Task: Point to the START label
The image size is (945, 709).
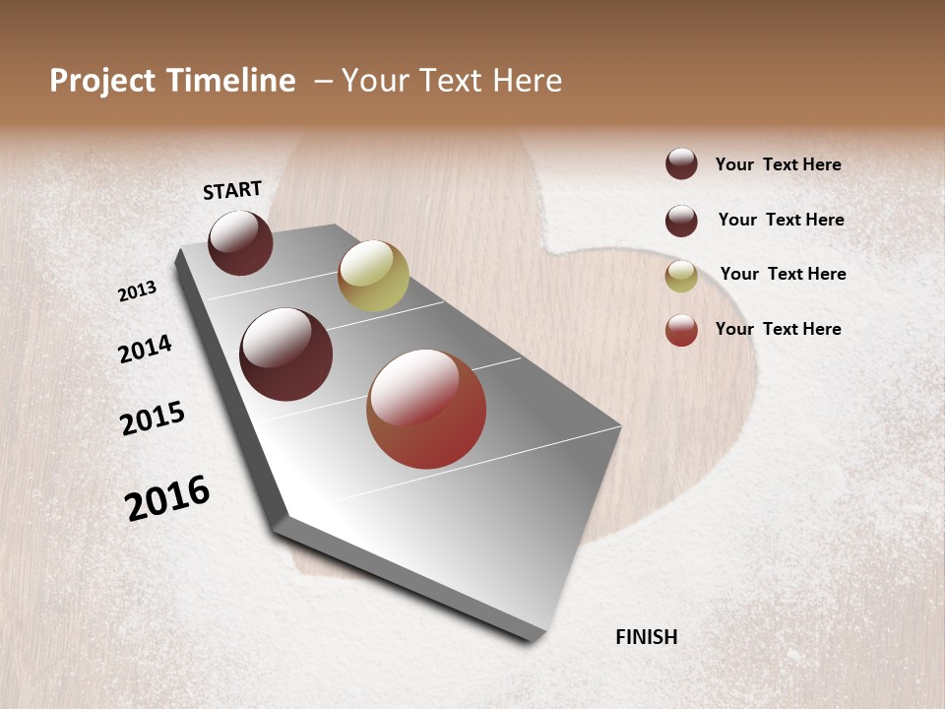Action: [x=232, y=190]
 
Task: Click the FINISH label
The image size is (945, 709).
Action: [x=647, y=637]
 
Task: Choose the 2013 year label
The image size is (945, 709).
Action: [x=137, y=291]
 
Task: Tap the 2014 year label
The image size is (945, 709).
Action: [x=145, y=349]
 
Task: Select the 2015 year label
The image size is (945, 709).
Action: [x=153, y=419]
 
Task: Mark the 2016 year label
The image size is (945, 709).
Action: [x=167, y=498]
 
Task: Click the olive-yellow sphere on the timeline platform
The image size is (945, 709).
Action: [x=373, y=276]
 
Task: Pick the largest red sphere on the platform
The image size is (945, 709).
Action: [x=426, y=409]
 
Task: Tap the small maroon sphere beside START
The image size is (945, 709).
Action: [x=240, y=243]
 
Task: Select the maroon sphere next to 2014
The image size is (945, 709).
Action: [x=286, y=354]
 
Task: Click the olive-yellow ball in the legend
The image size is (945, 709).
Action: [x=681, y=276]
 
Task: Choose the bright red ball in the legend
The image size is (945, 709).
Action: [x=681, y=330]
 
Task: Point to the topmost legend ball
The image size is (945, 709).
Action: [x=681, y=163]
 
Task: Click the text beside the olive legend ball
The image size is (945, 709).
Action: [x=783, y=274]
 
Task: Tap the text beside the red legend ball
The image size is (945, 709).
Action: [x=778, y=329]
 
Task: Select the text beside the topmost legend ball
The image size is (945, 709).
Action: [x=778, y=164]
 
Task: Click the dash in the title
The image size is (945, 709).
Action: [x=323, y=81]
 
